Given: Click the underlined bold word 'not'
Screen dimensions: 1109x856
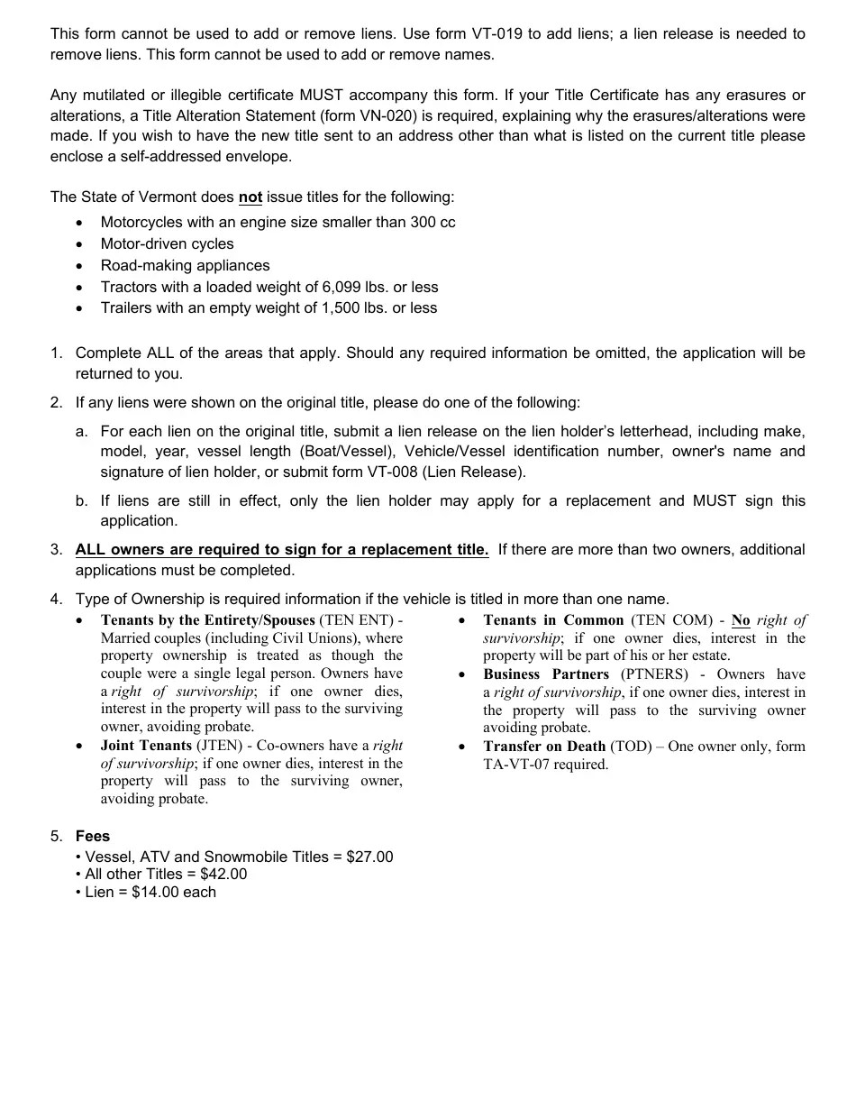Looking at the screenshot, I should point(250,197).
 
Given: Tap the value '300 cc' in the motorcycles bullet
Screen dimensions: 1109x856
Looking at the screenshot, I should point(433,222).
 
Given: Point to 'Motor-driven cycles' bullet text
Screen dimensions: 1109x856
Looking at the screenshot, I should point(167,243).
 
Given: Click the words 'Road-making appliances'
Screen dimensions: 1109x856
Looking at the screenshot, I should point(185,265).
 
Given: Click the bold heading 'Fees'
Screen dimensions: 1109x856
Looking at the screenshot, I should point(93,836).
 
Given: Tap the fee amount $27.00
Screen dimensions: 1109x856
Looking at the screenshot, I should point(369,857).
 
